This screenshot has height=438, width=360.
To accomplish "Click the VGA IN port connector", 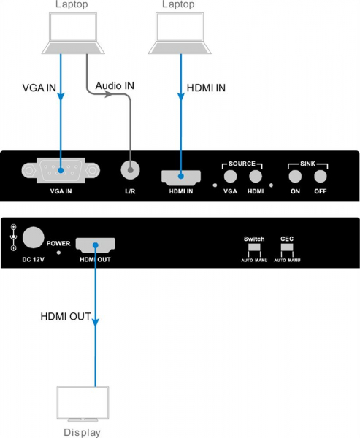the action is tap(61, 170).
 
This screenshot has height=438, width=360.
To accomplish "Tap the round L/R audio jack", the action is tap(130, 169).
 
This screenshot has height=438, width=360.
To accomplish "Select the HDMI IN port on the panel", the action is tap(181, 177).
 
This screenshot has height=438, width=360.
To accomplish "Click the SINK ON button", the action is tap(295, 176).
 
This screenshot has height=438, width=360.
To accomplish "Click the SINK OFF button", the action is tap(321, 176).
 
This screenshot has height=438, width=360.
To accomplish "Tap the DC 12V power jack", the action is tap(33, 237).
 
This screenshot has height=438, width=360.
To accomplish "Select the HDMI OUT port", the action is tap(96, 245).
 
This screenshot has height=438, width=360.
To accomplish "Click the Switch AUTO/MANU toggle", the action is tap(254, 247).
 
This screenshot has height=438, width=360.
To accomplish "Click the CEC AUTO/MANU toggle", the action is tap(287, 247).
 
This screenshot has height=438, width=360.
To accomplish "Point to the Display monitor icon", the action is tap(83, 404).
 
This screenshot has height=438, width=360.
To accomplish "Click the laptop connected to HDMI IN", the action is tap(180, 33).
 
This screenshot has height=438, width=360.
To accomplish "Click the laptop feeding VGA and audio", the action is tap(73, 33).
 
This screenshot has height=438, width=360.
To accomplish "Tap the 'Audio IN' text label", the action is tap(115, 85).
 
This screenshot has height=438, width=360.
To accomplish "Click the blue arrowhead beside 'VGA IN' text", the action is tap(61, 96).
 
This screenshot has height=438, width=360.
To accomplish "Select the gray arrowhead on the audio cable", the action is tap(109, 94).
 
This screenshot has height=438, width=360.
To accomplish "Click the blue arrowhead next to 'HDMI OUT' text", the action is tap(96, 322).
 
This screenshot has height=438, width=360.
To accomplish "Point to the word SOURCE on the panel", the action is tap(242, 164).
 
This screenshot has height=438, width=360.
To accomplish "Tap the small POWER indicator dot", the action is tap(58, 253).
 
